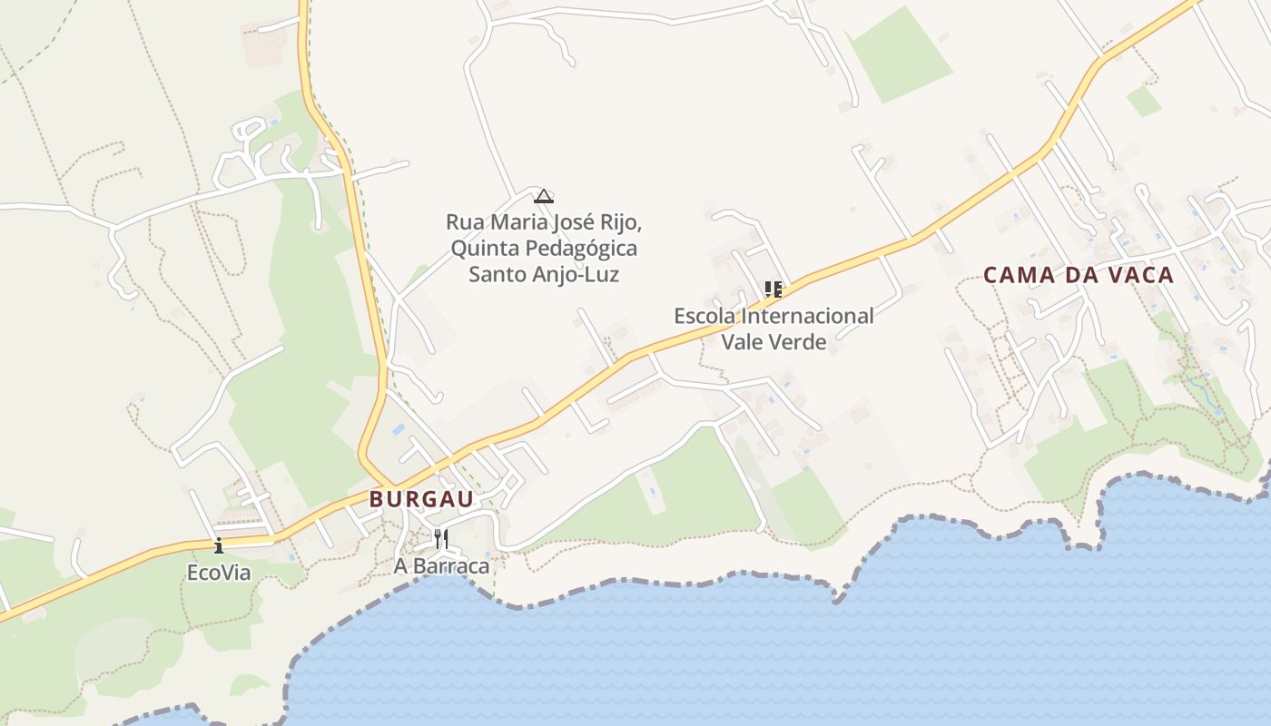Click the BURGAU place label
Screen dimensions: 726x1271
[421, 499]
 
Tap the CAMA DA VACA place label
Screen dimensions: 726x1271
[1079, 275]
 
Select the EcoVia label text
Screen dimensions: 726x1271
[219, 574]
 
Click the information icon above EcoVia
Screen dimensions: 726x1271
[219, 545]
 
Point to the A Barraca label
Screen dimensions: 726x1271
[441, 566]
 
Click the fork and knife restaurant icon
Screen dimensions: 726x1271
[441, 539]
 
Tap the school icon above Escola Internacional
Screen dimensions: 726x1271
[773, 289]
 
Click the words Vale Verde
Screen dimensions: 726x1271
[773, 342]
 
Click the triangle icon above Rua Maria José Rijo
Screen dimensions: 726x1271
[543, 196]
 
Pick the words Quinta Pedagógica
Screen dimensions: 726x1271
[544, 248]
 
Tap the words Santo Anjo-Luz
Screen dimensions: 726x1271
[544, 274]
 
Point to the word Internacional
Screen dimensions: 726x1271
[807, 316]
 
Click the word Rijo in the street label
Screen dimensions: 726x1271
[622, 222]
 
